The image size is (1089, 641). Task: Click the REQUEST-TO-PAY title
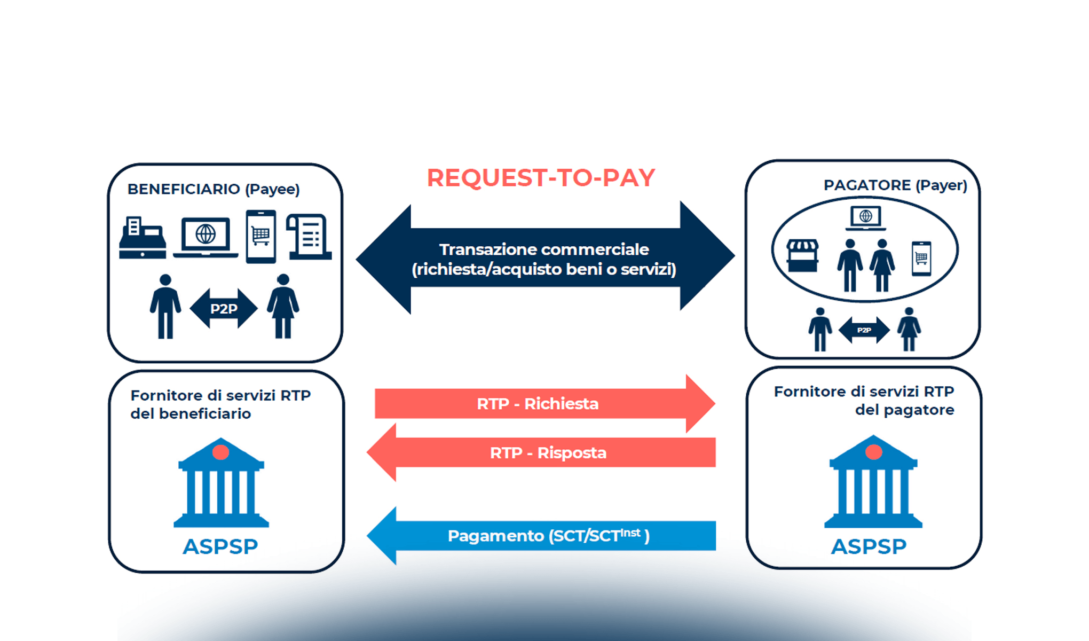[x=541, y=178]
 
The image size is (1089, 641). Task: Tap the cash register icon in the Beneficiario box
[x=142, y=238]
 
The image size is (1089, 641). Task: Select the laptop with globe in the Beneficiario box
[x=206, y=237]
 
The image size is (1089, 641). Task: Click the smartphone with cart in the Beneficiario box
[x=261, y=236]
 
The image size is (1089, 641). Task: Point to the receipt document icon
[x=310, y=237]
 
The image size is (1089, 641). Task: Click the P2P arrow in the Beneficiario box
[x=224, y=308]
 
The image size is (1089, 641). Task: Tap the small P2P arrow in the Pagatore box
[x=864, y=330]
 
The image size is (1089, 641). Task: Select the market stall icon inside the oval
[x=802, y=255]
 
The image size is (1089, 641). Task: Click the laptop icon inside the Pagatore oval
[x=866, y=217]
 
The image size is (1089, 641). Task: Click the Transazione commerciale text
[x=543, y=259]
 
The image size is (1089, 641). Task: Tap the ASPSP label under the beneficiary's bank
[x=220, y=546]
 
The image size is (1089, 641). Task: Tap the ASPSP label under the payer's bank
[x=869, y=546]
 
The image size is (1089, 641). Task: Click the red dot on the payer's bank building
[x=873, y=452]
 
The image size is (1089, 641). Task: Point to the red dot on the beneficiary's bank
[x=220, y=452]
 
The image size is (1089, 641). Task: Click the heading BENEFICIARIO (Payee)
[x=214, y=189]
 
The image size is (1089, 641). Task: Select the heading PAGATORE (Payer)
[x=895, y=185]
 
